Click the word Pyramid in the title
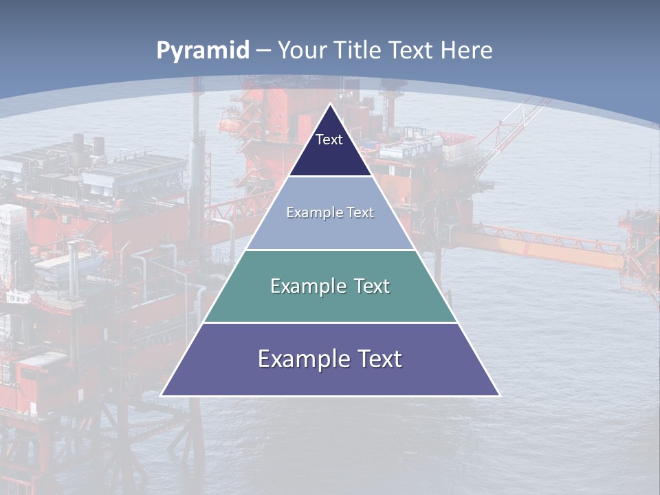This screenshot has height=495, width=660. tap(203, 50)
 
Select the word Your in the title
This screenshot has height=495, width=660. tap(302, 50)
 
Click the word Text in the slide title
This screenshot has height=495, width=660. tap(412, 50)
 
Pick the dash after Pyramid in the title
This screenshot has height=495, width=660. tap(263, 51)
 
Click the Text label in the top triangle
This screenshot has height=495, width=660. tap(329, 140)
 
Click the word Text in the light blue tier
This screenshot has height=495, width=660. tap(361, 212)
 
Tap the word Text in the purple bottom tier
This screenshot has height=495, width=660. tap(379, 359)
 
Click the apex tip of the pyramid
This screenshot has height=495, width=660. tap(331, 105)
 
